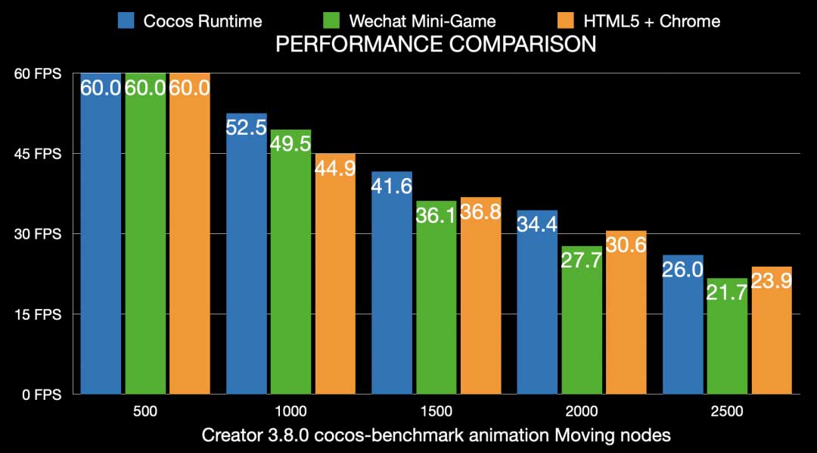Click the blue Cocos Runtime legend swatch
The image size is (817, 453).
126,20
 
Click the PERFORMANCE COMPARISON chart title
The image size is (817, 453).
435,45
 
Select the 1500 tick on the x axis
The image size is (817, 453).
436,413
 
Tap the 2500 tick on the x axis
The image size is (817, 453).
727,413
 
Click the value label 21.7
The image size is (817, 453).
727,293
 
